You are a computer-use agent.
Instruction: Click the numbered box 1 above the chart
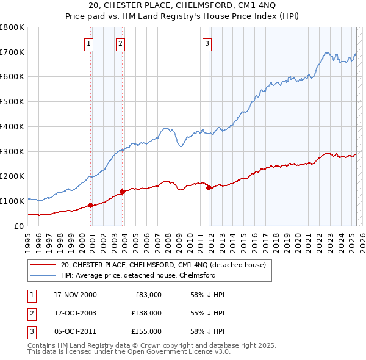[89, 43]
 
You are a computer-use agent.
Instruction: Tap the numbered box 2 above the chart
[121, 43]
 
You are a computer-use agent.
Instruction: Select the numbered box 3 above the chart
[207, 43]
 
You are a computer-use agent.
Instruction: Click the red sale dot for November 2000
[91, 205]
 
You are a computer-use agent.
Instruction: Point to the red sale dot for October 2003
[122, 192]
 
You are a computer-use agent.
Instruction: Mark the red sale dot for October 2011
[209, 187]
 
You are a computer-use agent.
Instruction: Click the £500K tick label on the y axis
[12, 102]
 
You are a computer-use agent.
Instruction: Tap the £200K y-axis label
[12, 176]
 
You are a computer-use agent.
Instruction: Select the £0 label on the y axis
[18, 226]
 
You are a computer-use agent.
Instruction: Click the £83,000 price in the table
[147, 295]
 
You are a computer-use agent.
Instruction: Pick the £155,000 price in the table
[146, 331]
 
